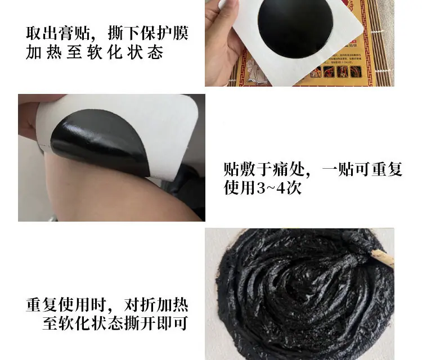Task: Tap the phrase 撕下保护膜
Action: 148,33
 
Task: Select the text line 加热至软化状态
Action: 95,52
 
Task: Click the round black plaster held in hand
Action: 295,27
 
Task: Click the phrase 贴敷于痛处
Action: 264,169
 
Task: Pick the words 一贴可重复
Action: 362,169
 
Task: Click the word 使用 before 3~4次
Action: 239,187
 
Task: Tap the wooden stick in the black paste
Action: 382,258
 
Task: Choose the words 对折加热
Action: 156,305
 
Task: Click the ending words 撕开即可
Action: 156,323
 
